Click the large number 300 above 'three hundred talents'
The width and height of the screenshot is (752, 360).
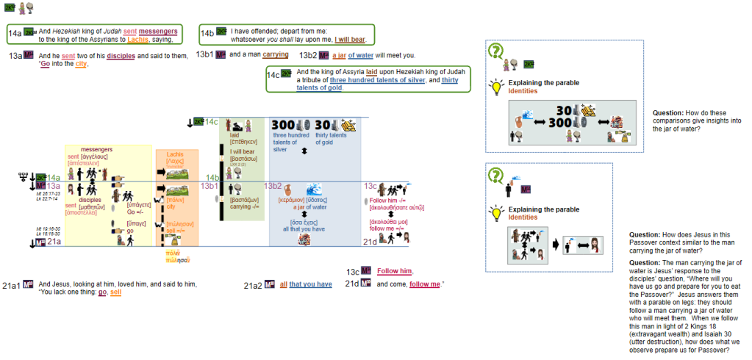point(284,125)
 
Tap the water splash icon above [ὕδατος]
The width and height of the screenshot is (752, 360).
point(315,188)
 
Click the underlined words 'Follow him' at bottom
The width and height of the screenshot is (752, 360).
point(395,271)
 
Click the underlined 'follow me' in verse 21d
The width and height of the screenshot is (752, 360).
point(426,284)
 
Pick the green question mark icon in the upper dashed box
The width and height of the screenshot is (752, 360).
point(497,51)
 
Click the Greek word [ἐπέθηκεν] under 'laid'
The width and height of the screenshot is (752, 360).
point(243,143)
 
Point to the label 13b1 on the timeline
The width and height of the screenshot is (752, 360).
point(210,186)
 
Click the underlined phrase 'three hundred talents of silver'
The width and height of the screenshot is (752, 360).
point(379,79)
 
